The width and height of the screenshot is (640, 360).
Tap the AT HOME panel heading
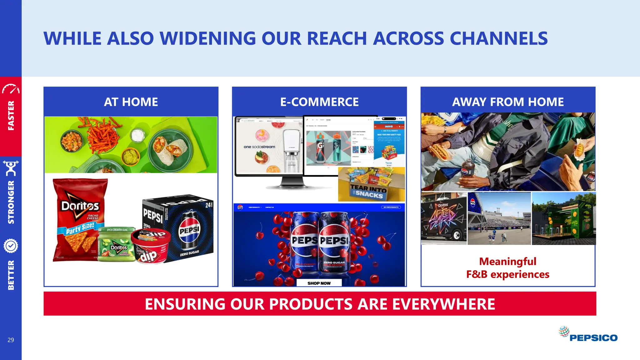point(131,102)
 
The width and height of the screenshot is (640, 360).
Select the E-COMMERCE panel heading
point(319,102)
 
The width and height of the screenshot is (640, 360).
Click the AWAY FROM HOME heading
point(508,102)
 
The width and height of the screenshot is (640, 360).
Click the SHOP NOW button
point(319,283)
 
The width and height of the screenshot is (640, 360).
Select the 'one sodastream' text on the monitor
point(259,147)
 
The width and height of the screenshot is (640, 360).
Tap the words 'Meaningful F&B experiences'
point(508,268)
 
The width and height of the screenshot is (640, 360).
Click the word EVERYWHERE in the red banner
point(443,304)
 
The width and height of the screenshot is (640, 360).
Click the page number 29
point(11,340)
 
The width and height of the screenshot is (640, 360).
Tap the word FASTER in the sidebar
point(11,116)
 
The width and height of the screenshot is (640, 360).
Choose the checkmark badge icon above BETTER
point(11,246)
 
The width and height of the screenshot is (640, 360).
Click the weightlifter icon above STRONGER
point(11,168)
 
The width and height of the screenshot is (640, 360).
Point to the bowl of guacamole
point(131,156)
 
